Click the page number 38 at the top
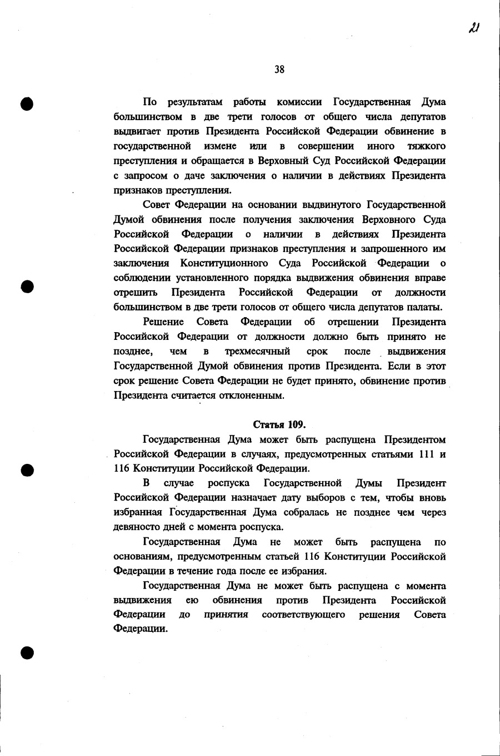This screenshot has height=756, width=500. [279, 70]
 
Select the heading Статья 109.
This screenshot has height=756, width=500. [279, 425]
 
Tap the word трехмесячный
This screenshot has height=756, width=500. [257, 352]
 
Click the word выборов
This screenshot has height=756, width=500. [329, 497]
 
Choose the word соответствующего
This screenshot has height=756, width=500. [303, 615]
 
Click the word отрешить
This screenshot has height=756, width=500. [136, 293]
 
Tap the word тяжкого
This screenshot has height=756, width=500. [427, 146]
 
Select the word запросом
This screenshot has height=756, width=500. [144, 176]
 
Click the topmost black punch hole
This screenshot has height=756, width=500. [27, 103]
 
